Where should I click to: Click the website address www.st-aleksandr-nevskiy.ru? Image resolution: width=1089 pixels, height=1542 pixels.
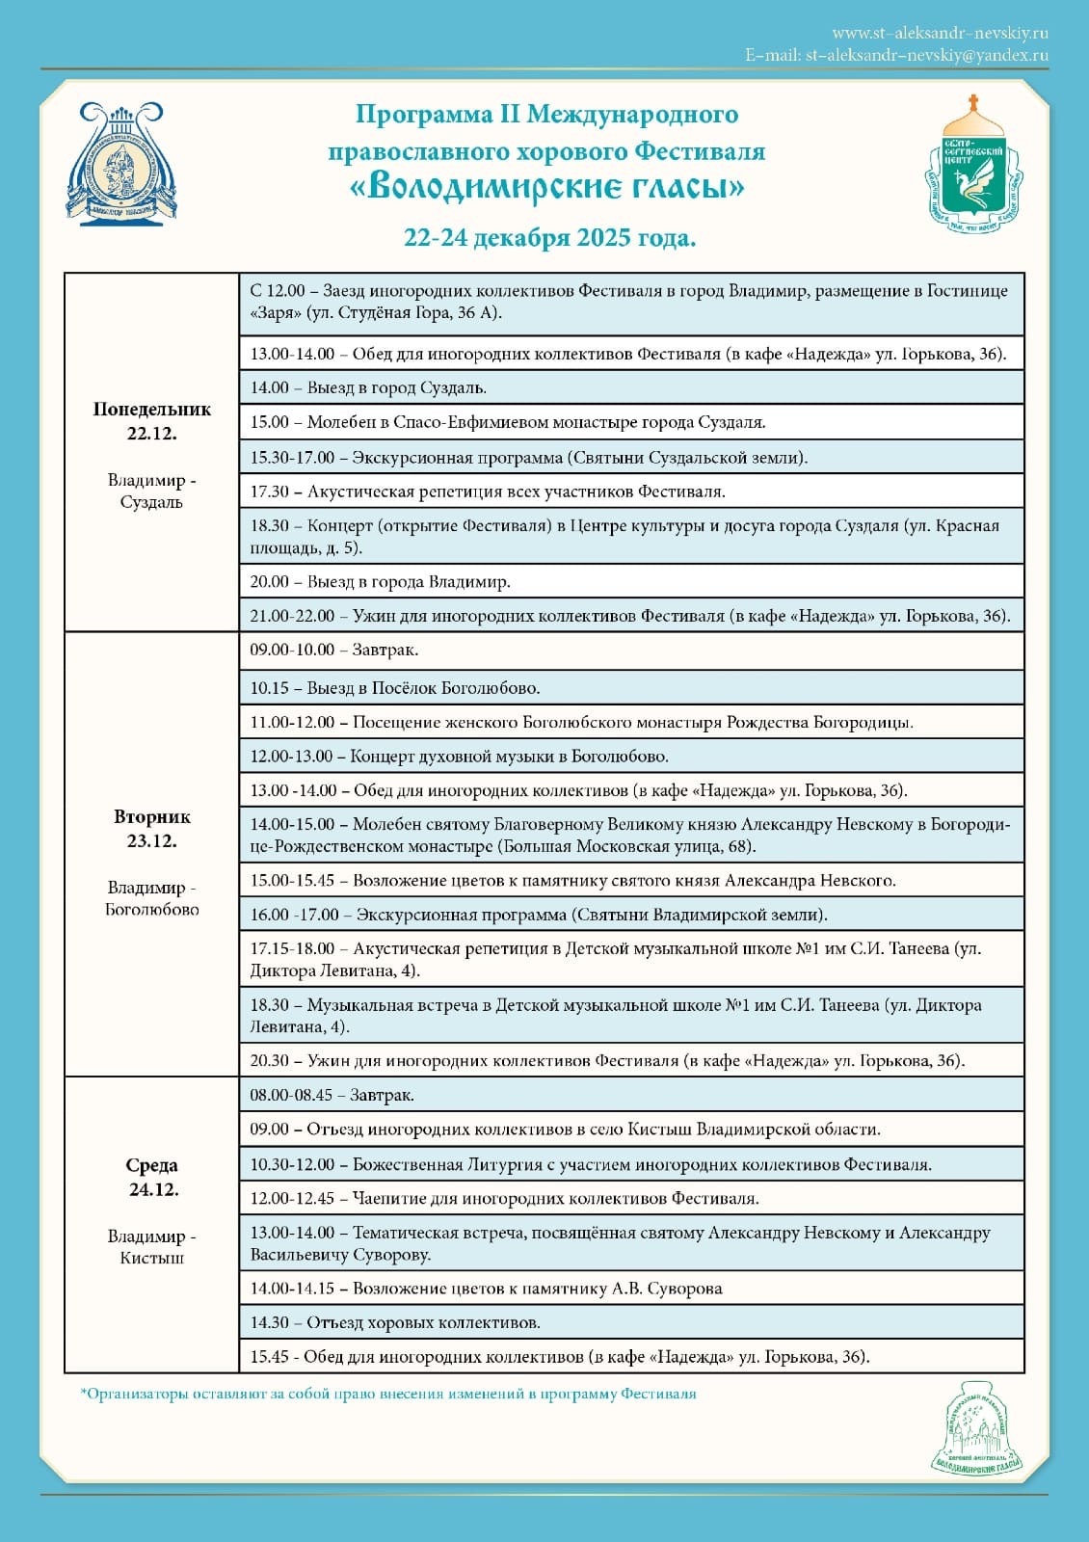point(940,33)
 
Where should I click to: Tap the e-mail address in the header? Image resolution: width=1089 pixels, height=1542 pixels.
point(896,55)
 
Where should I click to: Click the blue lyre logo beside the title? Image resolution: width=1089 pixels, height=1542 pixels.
point(121,163)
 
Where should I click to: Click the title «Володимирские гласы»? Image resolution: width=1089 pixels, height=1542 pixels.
point(546,186)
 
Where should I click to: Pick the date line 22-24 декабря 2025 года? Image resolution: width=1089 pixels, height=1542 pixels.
point(549,237)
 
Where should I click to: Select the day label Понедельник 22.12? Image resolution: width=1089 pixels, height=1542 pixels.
point(151,421)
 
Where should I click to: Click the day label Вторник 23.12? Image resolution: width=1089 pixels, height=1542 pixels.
point(151,829)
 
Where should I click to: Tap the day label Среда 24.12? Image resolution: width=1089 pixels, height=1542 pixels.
point(152,1177)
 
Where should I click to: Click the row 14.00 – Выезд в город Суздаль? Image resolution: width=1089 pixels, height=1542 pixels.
point(368,387)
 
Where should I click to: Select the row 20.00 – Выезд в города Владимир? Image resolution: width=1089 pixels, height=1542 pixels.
point(380,582)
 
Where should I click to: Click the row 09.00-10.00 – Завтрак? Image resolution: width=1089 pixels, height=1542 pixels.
point(333,651)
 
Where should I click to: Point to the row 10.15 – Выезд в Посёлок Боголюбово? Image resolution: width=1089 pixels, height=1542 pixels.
point(394,688)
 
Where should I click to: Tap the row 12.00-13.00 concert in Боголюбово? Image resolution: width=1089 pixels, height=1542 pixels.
point(459,757)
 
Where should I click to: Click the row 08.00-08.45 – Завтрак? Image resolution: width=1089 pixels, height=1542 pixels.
point(332,1095)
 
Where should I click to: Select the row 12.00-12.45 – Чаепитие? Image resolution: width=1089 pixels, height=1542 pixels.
point(504,1199)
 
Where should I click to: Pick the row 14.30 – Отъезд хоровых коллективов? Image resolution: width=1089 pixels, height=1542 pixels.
point(395,1322)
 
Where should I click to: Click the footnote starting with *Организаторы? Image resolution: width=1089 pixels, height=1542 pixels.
point(387,1394)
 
